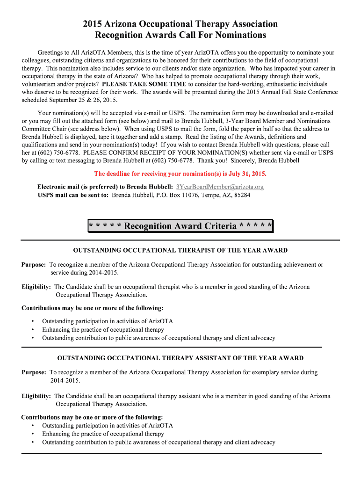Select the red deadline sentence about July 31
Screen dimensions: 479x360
180,174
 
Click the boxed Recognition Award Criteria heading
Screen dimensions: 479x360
180,226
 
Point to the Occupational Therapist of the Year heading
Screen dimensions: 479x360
180,251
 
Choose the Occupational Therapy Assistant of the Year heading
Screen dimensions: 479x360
180,358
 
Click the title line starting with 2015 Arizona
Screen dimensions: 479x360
180,24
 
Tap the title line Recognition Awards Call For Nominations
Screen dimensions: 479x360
180,35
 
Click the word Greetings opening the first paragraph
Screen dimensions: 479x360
51,52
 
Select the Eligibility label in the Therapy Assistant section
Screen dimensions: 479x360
36,396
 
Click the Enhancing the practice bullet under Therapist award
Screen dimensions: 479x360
103,330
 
